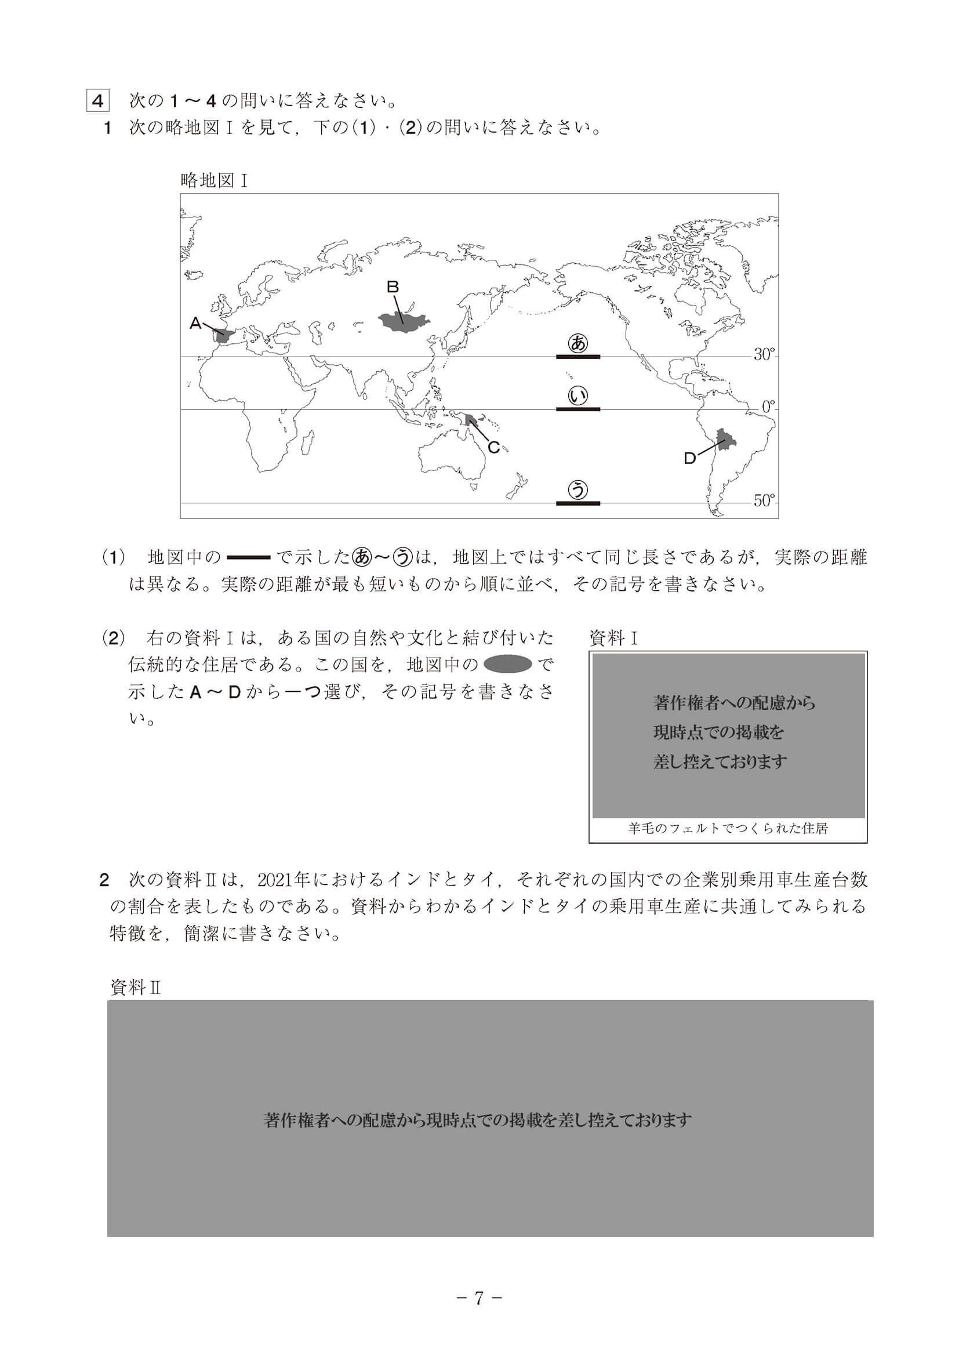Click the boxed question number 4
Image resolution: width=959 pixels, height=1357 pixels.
[97, 101]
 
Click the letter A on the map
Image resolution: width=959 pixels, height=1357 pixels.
[195, 323]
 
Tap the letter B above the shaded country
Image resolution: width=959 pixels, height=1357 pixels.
[393, 287]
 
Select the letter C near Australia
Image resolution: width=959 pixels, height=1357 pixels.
[494, 448]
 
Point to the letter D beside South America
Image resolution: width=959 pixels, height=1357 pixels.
[689, 458]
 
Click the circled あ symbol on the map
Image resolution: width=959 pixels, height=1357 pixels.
[577, 343]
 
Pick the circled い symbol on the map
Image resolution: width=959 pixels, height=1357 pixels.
[577, 396]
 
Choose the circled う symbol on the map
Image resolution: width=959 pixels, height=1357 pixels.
[577, 489]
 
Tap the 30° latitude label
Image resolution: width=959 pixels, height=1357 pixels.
[764, 354]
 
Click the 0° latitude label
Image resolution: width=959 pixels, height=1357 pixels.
[768, 407]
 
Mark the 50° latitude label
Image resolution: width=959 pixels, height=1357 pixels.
[764, 500]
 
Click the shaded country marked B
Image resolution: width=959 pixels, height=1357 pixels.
[405, 322]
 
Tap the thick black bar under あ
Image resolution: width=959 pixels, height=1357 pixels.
[577, 357]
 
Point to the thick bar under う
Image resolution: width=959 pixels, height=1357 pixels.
[577, 503]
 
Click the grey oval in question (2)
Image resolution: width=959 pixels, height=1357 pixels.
[507, 665]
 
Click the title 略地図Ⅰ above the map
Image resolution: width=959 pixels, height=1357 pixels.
[213, 180]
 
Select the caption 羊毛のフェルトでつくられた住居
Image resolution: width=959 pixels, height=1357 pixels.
[728, 829]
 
